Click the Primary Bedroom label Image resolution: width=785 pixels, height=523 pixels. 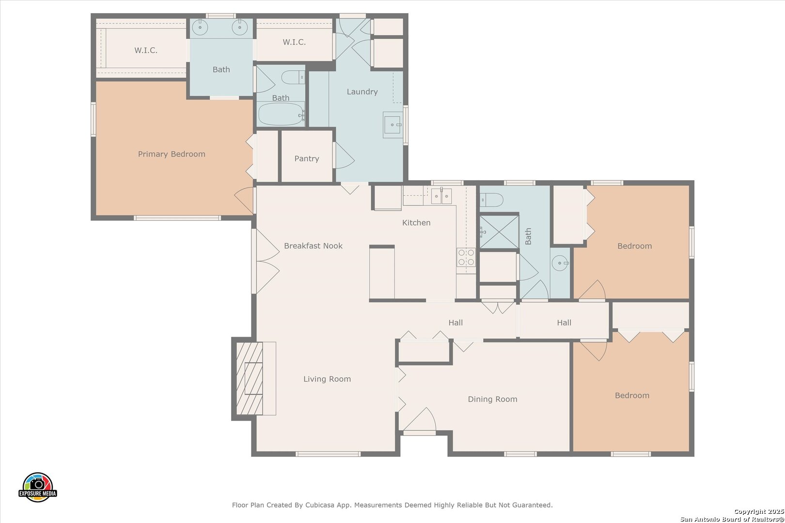click(172, 154)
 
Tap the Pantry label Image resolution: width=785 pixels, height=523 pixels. click(307, 159)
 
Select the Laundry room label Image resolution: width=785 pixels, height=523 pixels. click(362, 92)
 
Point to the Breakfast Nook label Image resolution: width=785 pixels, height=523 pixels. click(313, 246)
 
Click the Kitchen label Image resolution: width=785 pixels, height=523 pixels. click(416, 223)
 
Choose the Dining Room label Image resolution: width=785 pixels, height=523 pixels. click(492, 399)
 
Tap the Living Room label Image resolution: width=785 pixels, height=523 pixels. click(327, 379)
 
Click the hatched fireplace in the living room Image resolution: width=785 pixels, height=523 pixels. click(250, 378)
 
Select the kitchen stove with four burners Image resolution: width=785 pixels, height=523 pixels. click(466, 258)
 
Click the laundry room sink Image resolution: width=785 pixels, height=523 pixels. click(392, 125)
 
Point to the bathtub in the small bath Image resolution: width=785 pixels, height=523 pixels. click(281, 114)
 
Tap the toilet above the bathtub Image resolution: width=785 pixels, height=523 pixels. click(293, 77)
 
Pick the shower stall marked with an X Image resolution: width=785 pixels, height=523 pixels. click(499, 232)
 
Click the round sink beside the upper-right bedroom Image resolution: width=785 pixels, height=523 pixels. click(560, 263)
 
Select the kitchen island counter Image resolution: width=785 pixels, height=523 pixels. click(382, 273)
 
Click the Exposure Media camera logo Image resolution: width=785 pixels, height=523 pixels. click(37, 487)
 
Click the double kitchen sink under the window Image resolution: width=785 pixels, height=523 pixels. click(441, 196)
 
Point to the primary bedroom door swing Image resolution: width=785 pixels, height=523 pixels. click(244, 200)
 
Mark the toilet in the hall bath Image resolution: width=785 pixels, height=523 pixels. click(491, 200)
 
